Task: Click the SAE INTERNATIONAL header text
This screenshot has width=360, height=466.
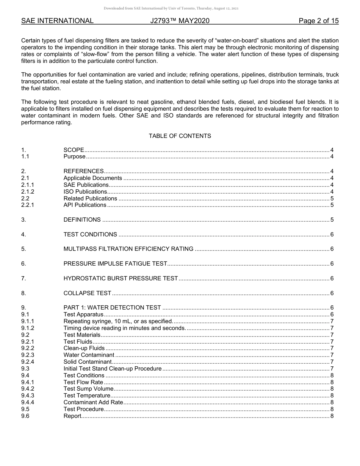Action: tap(57, 21)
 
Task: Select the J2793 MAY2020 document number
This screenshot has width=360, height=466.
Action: tap(180, 21)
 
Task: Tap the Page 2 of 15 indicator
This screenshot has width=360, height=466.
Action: tap(318, 21)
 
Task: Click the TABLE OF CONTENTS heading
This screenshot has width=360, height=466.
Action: tap(180, 136)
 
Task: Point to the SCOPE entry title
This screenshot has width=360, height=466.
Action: tap(74, 150)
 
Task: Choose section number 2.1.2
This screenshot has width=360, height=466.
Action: tap(28, 192)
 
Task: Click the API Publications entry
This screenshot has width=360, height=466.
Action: tap(85, 205)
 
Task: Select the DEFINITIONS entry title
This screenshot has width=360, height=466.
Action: tap(82, 220)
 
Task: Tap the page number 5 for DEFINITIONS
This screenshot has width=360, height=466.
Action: tap(332, 220)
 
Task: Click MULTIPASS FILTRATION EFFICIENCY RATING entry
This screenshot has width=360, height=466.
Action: tap(128, 249)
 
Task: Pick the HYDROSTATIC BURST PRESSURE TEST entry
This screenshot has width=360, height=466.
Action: tap(121, 278)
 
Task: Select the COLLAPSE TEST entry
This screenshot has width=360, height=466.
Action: tap(87, 293)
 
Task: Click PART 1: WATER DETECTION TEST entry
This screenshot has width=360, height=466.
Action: tap(112, 308)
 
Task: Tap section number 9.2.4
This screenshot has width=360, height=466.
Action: tap(28, 362)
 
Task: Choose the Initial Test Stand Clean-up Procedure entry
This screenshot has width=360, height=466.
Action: tap(113, 369)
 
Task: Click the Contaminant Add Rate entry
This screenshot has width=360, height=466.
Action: tap(93, 402)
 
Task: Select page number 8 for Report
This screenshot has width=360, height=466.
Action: tap(332, 416)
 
